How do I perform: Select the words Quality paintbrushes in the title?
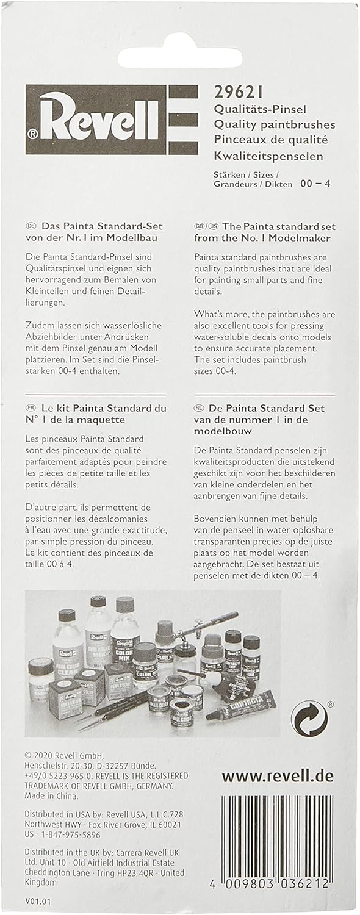[x=274, y=124]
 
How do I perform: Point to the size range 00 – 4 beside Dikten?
[x=315, y=183]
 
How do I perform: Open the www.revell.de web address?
[x=278, y=777]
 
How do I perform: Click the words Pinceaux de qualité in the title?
[x=270, y=140]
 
